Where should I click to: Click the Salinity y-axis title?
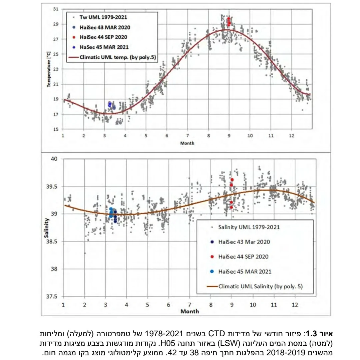point(47,228)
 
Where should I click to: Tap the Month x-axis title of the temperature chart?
point(187,143)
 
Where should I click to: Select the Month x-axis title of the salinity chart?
point(189,311)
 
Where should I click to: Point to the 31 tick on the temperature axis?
point(56,9)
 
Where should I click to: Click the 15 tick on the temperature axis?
point(56,129)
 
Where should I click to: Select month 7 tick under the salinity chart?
point(190,304)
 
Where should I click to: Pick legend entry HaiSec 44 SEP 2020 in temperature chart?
point(103,37)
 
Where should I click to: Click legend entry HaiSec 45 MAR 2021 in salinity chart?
point(245,272)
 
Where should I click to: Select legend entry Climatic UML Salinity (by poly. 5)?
point(260,286)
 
